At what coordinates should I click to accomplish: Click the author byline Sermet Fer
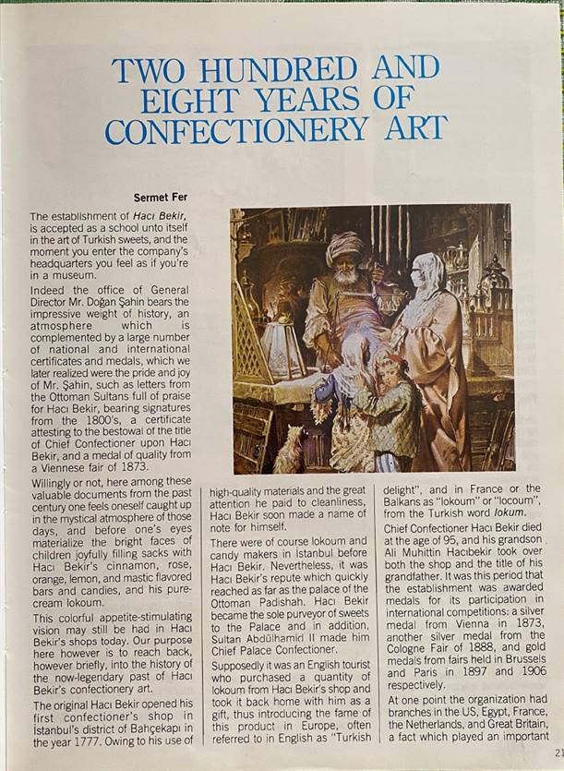point(161,197)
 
